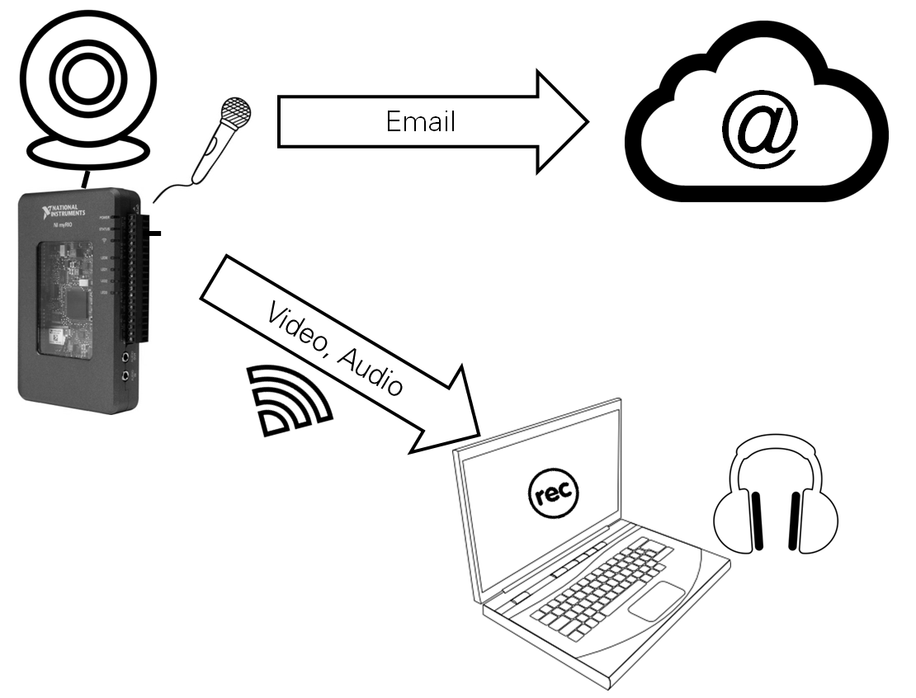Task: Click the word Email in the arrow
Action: click(420, 122)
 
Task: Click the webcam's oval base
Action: click(88, 151)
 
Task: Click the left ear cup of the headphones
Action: click(739, 519)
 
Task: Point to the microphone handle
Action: click(205, 157)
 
